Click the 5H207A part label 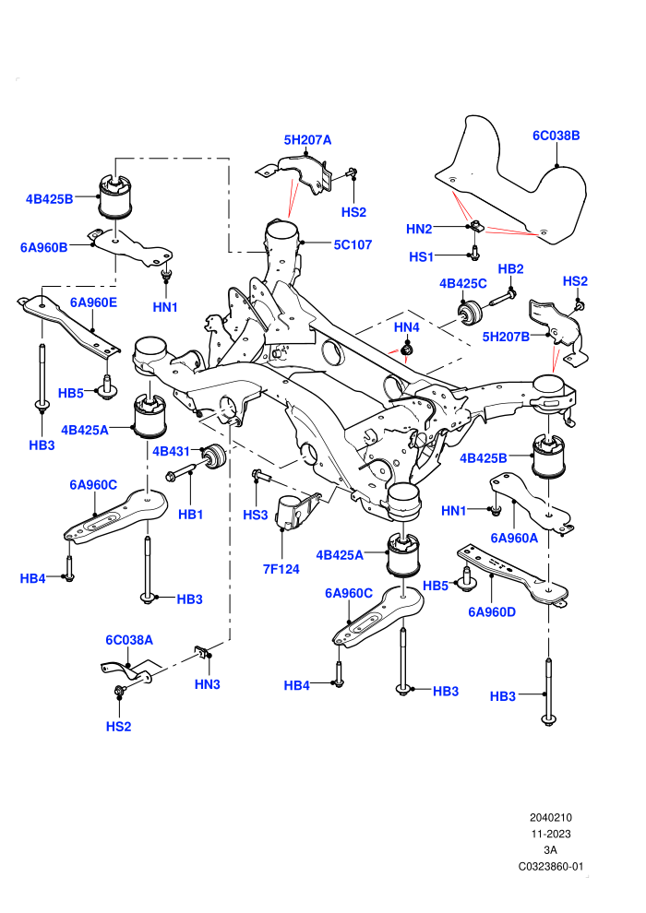coord(307,140)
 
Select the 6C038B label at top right coord(556,135)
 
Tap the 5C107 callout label coord(353,244)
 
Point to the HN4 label coord(407,327)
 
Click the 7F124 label coord(281,569)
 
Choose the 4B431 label coord(172,451)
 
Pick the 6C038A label coord(129,640)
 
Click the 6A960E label coord(94,302)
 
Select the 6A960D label coord(492,612)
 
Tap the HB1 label coord(190,515)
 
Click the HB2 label coord(511,269)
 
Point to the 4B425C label coord(463,283)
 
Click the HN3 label coord(208,684)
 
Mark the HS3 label coord(255,515)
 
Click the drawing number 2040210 coord(551,817)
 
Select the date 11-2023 coord(551,834)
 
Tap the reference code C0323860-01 coord(551,866)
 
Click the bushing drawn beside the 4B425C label coord(470,314)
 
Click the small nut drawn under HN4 coord(407,350)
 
